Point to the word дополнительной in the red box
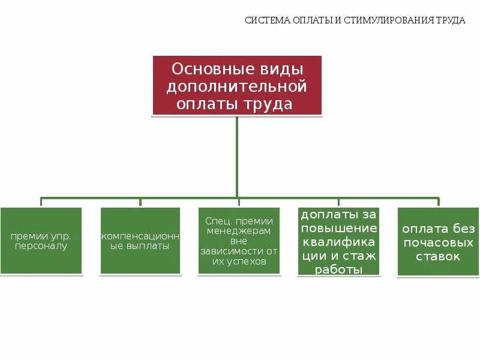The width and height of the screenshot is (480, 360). click(x=236, y=86)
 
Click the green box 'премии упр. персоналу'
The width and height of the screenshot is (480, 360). click(x=41, y=241)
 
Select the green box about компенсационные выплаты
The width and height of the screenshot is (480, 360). click(x=140, y=241)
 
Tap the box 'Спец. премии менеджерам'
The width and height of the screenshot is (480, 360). click(x=239, y=241)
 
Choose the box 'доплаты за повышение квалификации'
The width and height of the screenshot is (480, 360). click(x=338, y=241)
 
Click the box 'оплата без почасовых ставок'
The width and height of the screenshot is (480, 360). click(x=438, y=241)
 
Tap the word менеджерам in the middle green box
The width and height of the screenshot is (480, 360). click(x=238, y=230)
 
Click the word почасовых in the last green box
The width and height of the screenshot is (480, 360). click(x=439, y=242)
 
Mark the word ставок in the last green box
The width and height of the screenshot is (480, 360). click(x=439, y=256)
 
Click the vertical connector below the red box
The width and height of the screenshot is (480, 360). click(x=238, y=156)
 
